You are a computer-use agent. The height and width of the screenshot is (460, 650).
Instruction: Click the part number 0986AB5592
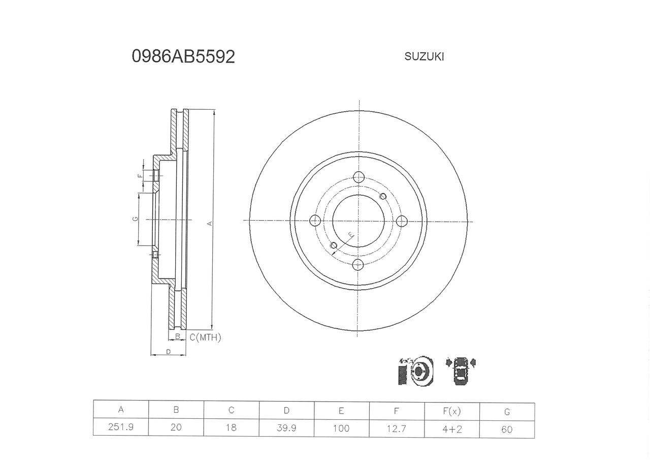(183, 56)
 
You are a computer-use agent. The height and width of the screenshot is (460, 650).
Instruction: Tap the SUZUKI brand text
(424, 56)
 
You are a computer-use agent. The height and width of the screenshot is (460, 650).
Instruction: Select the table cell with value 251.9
(121, 426)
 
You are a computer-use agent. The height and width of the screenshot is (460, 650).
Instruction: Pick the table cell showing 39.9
(286, 428)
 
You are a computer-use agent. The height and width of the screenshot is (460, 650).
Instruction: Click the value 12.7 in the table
(397, 428)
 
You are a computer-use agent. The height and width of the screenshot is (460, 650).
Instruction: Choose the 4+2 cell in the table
(452, 429)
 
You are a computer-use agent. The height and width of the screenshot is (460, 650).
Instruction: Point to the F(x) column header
(452, 411)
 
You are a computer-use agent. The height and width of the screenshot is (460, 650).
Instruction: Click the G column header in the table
(507, 412)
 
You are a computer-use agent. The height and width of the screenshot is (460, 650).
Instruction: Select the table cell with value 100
(341, 428)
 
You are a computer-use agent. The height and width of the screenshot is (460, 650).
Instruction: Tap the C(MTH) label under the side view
(205, 338)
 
